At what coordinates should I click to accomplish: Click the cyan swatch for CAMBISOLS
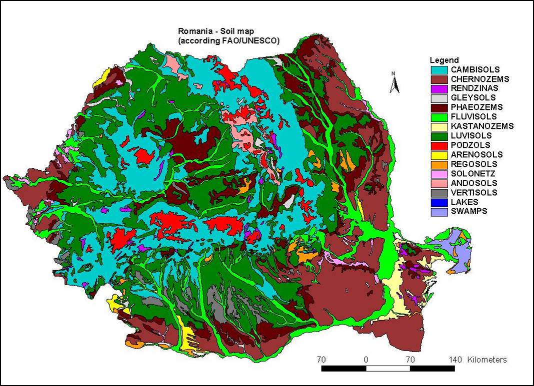[x=438, y=69]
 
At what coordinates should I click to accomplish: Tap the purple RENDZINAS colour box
[x=438, y=88]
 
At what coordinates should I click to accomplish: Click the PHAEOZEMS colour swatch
[x=438, y=107]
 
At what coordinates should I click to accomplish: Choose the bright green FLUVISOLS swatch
[x=438, y=117]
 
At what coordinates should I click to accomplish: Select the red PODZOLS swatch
[x=438, y=145]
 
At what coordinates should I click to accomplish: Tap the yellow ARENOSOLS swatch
[x=438, y=155]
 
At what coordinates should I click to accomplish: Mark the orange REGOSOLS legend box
[x=438, y=164]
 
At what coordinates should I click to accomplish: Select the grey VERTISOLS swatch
[x=438, y=193]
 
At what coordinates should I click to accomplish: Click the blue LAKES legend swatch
[x=438, y=202]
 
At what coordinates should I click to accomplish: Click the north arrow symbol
[x=394, y=83]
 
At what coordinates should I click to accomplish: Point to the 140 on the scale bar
[x=455, y=360]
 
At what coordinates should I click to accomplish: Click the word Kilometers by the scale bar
[x=487, y=360]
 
